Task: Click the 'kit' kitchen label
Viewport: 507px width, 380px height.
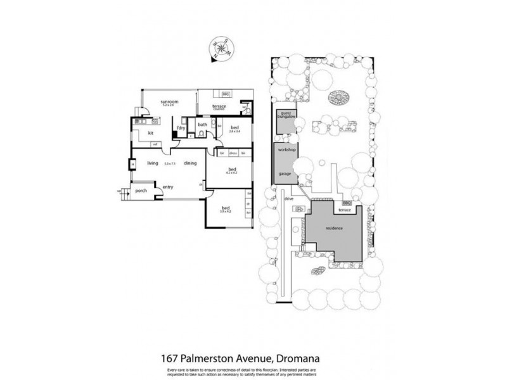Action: click(x=151, y=133)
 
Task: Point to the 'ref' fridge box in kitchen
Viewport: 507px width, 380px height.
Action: click(x=154, y=144)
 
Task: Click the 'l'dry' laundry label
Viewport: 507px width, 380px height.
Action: click(x=181, y=129)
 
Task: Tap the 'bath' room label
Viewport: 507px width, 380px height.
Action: click(x=203, y=125)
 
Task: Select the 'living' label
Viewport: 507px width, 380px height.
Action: click(x=152, y=163)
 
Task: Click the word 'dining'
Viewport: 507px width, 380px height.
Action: click(x=190, y=163)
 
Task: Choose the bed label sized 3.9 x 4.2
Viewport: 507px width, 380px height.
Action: click(x=226, y=209)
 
